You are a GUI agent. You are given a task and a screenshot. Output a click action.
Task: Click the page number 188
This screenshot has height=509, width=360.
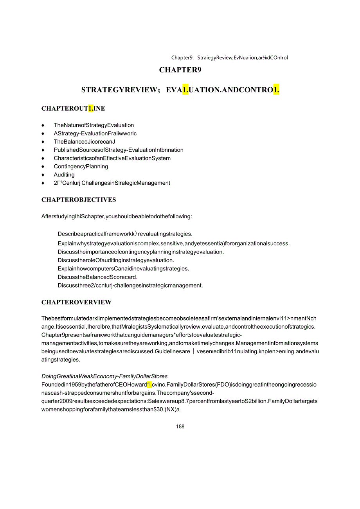click(x=180, y=426)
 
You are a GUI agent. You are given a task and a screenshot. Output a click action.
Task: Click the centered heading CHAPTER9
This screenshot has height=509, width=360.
click(x=180, y=70)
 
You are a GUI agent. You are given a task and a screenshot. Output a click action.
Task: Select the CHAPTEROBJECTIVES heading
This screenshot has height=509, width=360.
click(x=79, y=200)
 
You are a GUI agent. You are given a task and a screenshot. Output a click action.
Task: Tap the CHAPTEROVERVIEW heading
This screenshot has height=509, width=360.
click(x=76, y=302)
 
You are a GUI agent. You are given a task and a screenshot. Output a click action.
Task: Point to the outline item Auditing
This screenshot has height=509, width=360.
click(x=64, y=175)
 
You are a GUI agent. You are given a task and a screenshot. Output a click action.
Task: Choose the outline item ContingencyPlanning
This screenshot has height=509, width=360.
click(x=81, y=167)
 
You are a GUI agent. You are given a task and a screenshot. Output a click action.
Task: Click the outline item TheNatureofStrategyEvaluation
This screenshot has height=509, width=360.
click(x=94, y=125)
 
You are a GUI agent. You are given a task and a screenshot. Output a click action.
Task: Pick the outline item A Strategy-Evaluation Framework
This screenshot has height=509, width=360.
click(x=95, y=133)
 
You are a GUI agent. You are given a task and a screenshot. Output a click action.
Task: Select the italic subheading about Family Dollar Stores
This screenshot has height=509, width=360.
click(x=104, y=376)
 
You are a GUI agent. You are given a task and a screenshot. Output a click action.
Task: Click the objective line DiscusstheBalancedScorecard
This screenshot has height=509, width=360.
click(x=97, y=277)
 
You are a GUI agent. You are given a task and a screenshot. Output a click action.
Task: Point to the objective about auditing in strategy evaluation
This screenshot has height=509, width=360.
click(x=115, y=260)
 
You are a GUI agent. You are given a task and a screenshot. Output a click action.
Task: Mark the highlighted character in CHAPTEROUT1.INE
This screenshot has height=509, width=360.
click(x=91, y=108)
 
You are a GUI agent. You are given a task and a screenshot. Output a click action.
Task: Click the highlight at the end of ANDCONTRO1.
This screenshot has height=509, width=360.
click(x=276, y=90)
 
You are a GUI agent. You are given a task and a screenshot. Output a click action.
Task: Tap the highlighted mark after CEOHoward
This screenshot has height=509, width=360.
click(x=149, y=385)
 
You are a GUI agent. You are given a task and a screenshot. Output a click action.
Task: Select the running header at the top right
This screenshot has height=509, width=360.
click(x=230, y=58)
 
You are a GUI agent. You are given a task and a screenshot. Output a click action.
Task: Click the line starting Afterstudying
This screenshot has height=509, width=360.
click(x=117, y=216)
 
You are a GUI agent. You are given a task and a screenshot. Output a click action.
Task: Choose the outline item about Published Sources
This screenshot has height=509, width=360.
click(x=119, y=150)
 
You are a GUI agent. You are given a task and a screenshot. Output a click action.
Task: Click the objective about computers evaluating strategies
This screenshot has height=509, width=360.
click(x=123, y=269)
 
